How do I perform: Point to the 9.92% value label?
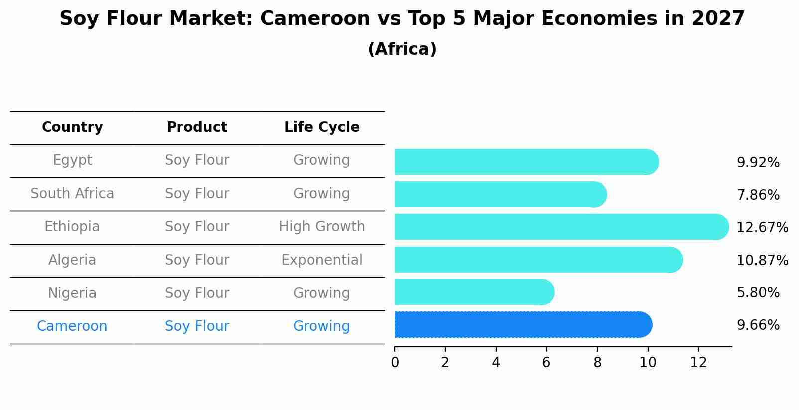[758, 163]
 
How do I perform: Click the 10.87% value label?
[762, 261]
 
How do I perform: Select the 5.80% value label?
[758, 293]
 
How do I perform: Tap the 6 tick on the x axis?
[546, 363]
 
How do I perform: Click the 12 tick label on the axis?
[698, 363]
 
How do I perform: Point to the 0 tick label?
[395, 363]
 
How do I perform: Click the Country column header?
[72, 127]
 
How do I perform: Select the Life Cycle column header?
[322, 127]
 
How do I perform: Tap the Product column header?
[197, 127]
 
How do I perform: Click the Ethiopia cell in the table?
[72, 227]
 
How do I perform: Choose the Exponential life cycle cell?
[322, 260]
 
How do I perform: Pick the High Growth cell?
[322, 227]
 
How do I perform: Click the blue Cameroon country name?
[72, 326]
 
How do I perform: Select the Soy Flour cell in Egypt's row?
[197, 160]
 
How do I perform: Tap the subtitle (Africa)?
[402, 49]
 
